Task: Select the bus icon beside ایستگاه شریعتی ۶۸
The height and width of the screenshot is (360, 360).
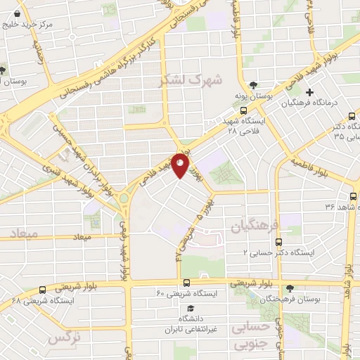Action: pos(43,289)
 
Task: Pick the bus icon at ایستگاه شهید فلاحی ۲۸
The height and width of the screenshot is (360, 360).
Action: pos(243,110)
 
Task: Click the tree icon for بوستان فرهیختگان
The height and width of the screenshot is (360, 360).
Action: pos(290,288)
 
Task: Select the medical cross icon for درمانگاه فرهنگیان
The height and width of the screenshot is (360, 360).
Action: pos(309,92)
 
